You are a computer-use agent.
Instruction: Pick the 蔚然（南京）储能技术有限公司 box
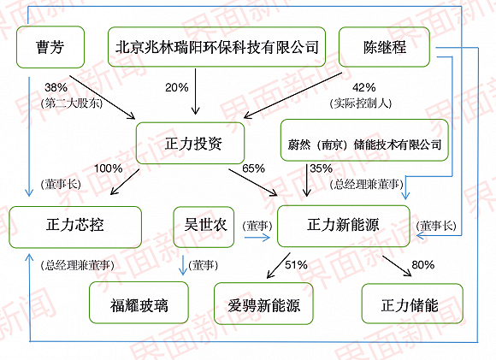pyautogui.click(x=364, y=143)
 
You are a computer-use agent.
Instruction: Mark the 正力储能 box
pyautogui.click(x=412, y=303)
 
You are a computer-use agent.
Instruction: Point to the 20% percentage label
pyautogui.click(x=177, y=87)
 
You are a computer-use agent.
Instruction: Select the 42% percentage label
pyautogui.click(x=364, y=87)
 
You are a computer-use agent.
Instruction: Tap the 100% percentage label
pyautogui.click(x=109, y=168)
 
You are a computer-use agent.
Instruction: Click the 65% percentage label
pyautogui.click(x=254, y=168)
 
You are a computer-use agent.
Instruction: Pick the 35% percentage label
pyautogui.click(x=321, y=168)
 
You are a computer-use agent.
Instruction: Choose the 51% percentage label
pyautogui.click(x=296, y=264)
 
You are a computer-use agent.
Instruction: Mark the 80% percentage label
pyautogui.click(x=422, y=264)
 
